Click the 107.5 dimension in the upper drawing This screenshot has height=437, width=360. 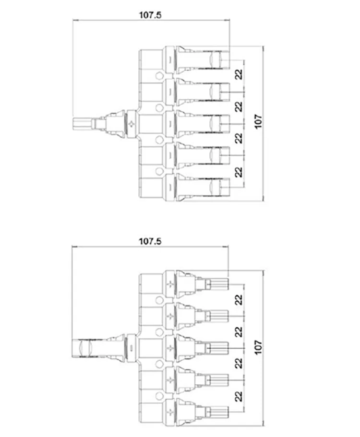150,15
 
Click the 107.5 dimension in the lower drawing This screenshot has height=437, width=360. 150,241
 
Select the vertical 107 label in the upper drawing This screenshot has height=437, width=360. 259,121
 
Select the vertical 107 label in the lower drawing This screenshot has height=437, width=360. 259,347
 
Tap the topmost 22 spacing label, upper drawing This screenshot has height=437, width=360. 239,74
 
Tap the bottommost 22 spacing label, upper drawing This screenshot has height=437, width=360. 239,172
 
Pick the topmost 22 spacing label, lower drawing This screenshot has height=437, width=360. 239,300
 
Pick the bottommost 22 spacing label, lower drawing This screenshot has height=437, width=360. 239,397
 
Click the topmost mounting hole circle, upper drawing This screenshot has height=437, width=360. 159,76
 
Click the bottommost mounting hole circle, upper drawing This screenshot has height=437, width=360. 159,171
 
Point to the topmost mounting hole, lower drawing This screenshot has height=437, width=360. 159,300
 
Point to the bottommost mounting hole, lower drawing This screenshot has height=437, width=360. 159,396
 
